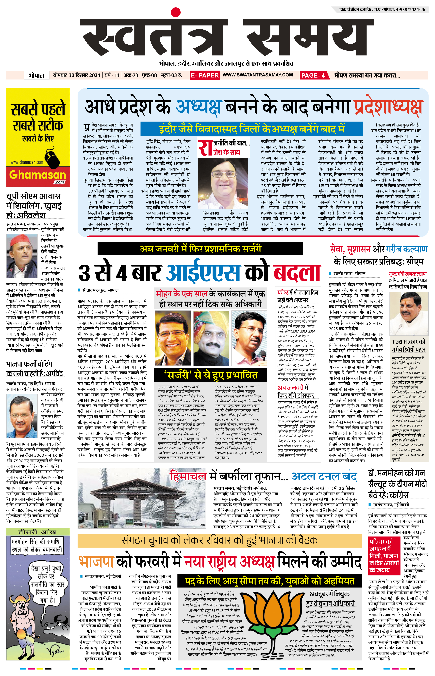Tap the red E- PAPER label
204,75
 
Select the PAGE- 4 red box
313,75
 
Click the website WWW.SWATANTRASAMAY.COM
258,75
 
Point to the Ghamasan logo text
38,175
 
